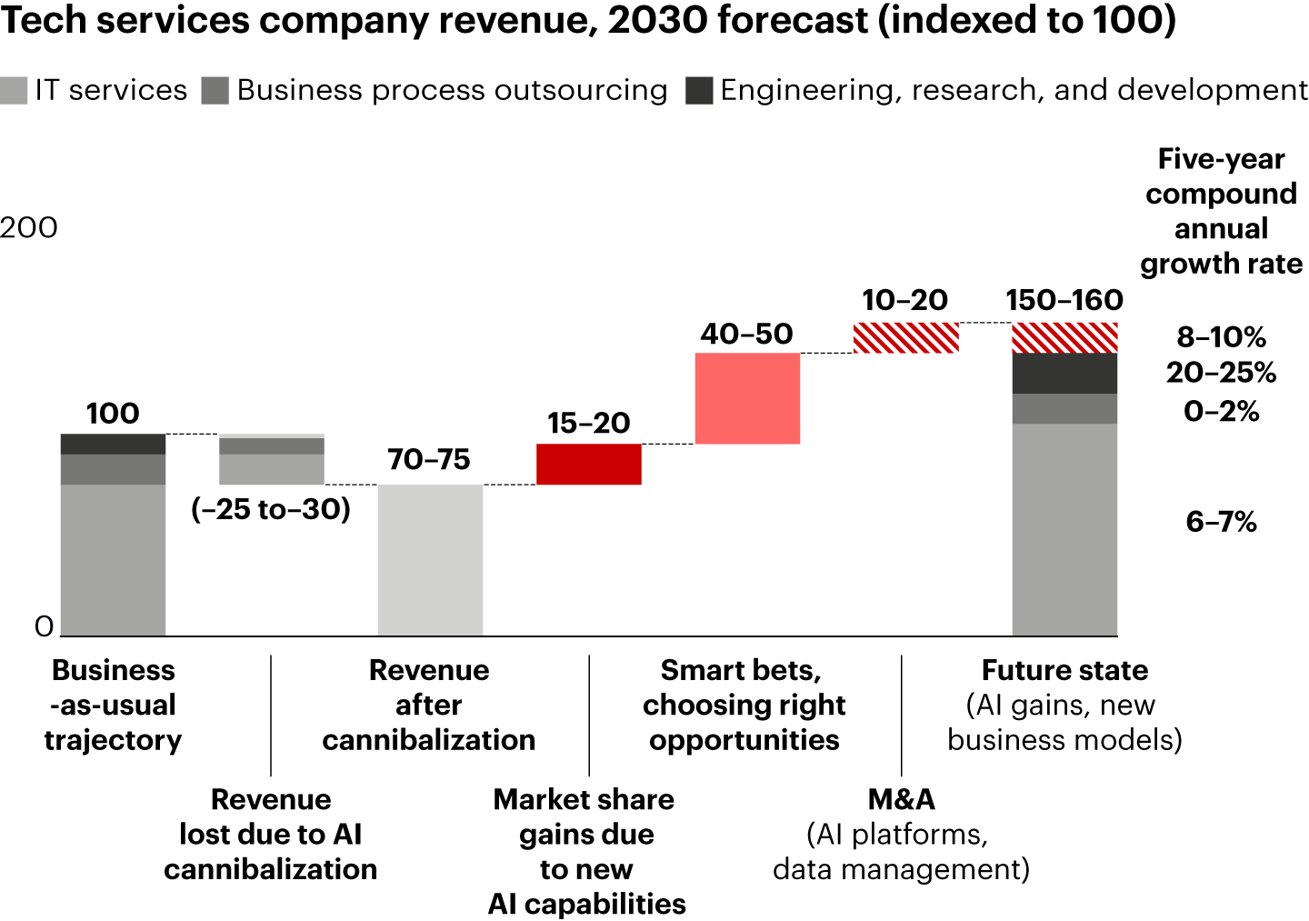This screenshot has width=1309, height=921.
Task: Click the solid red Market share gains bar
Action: (x=588, y=464)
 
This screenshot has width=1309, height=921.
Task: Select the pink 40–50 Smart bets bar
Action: (x=747, y=398)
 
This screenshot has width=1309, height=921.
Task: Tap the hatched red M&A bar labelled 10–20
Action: (x=905, y=337)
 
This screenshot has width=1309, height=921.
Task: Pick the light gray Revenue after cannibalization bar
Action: (x=430, y=559)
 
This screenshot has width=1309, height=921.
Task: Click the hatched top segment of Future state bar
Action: (x=1064, y=337)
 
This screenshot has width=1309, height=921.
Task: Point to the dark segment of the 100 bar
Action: (x=113, y=444)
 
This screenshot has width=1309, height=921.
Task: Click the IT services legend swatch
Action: (x=14, y=91)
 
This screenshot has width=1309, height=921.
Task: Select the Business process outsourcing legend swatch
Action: (x=215, y=91)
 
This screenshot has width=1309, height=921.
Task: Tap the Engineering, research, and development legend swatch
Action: (x=699, y=91)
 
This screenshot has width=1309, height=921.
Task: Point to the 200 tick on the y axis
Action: (x=29, y=227)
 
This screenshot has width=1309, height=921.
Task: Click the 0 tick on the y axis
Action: (x=44, y=626)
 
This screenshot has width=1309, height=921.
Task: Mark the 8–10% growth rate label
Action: (x=1221, y=337)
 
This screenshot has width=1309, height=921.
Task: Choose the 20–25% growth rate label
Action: (x=1221, y=373)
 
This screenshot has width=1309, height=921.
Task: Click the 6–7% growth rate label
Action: (x=1221, y=522)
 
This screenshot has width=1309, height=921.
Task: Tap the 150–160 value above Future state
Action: (x=1064, y=300)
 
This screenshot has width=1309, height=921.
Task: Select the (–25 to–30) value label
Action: (x=271, y=509)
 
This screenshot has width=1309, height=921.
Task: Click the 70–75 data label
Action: (x=429, y=460)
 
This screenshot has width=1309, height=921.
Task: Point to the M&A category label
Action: (x=901, y=799)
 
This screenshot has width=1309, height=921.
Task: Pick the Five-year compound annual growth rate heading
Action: (x=1221, y=211)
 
